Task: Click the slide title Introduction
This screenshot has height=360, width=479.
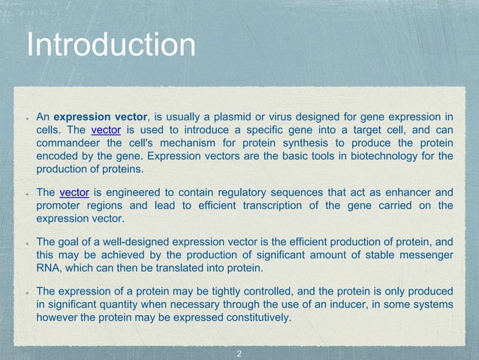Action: [x=110, y=45]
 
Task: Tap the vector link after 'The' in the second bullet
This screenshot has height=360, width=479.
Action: [x=74, y=192]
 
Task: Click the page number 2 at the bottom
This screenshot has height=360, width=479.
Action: [x=239, y=352]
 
